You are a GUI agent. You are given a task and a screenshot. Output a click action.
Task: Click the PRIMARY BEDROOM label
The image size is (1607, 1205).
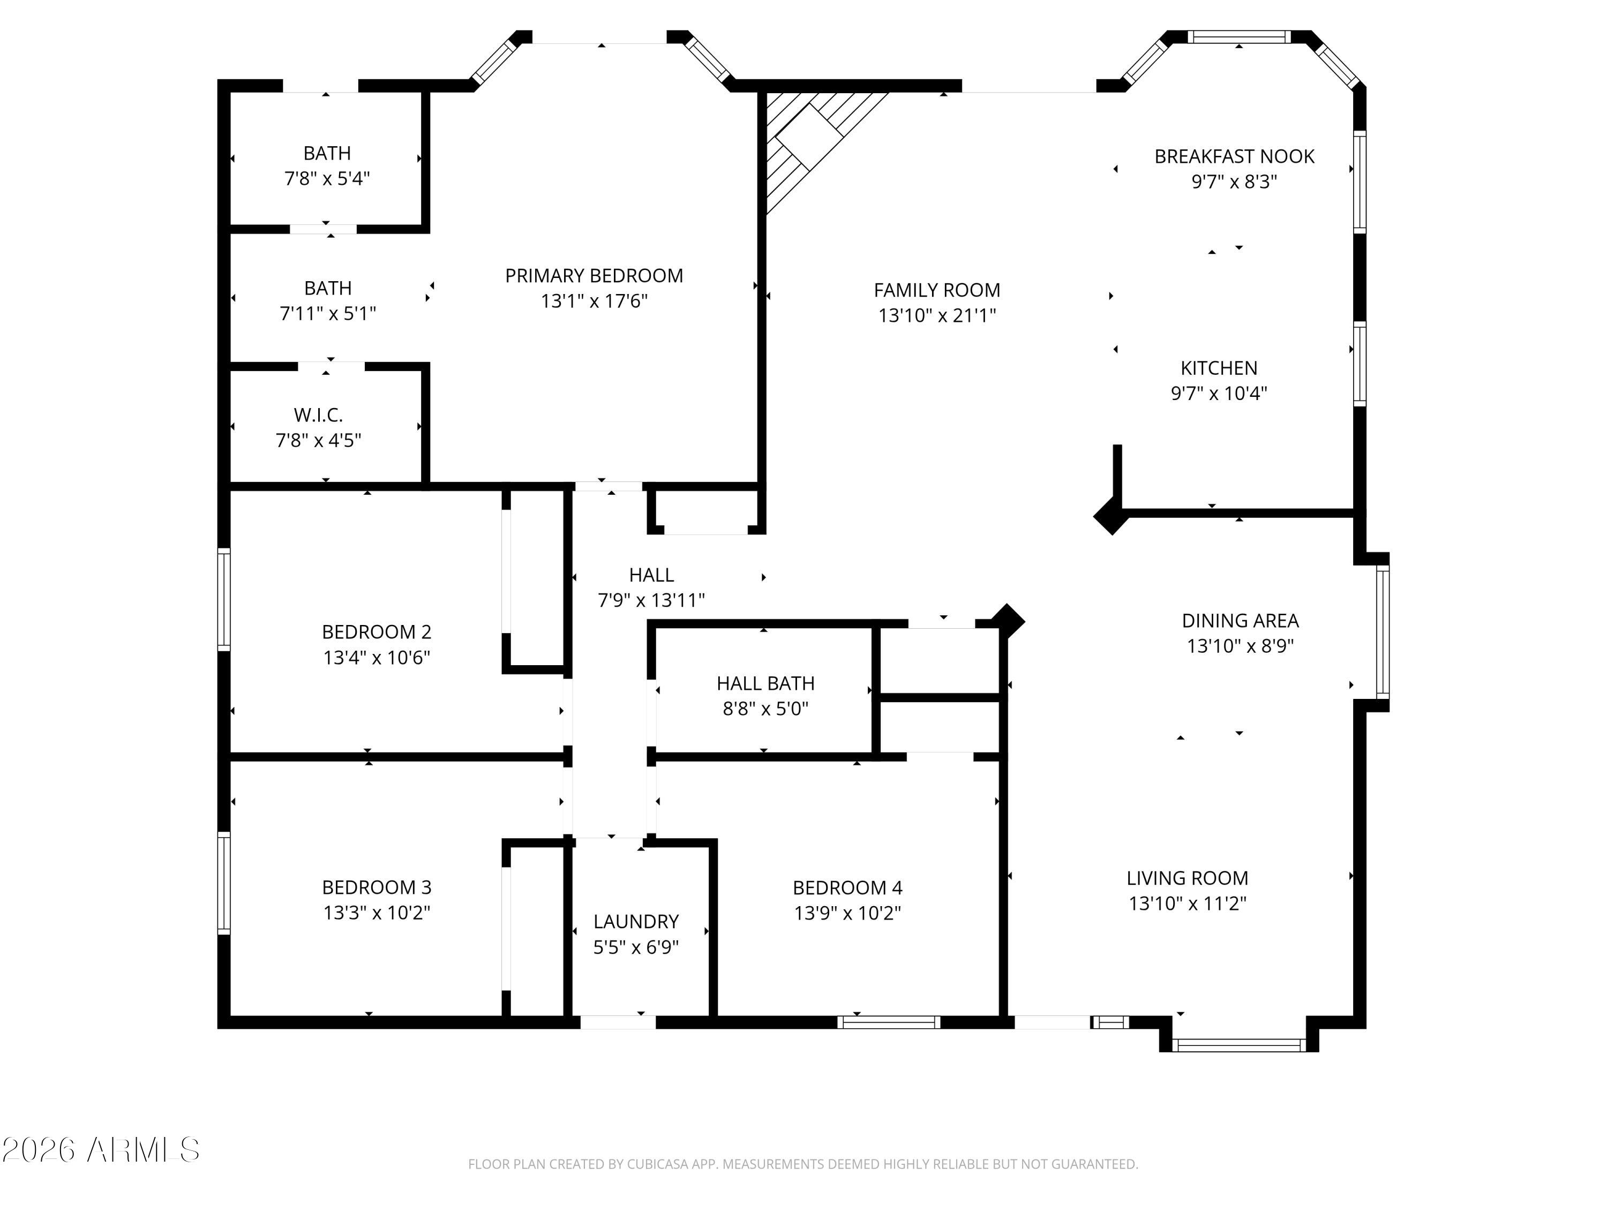click(594, 276)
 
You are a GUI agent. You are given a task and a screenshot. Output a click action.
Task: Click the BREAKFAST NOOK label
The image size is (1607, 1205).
click(1234, 156)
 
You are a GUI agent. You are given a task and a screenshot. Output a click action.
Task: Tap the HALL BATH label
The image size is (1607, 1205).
click(765, 683)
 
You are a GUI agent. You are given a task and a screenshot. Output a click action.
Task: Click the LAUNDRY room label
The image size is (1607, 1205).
click(636, 922)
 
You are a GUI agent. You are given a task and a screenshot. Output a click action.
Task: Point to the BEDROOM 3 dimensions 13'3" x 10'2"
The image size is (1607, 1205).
click(377, 912)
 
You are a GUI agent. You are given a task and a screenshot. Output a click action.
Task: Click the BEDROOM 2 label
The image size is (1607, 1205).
click(377, 632)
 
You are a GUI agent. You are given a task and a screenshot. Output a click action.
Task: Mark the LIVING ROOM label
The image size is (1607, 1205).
click(1187, 878)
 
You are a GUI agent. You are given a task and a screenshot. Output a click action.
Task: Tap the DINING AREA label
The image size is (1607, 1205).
click(1240, 621)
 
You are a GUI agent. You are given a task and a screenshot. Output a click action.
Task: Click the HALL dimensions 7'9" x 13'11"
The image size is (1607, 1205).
click(651, 600)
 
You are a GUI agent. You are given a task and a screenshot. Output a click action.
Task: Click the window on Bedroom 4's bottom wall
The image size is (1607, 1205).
click(889, 1022)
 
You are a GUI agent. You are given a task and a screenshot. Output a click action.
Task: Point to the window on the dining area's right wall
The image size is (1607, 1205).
click(1383, 631)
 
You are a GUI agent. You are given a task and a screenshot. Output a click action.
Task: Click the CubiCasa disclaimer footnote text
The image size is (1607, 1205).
click(803, 1164)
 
